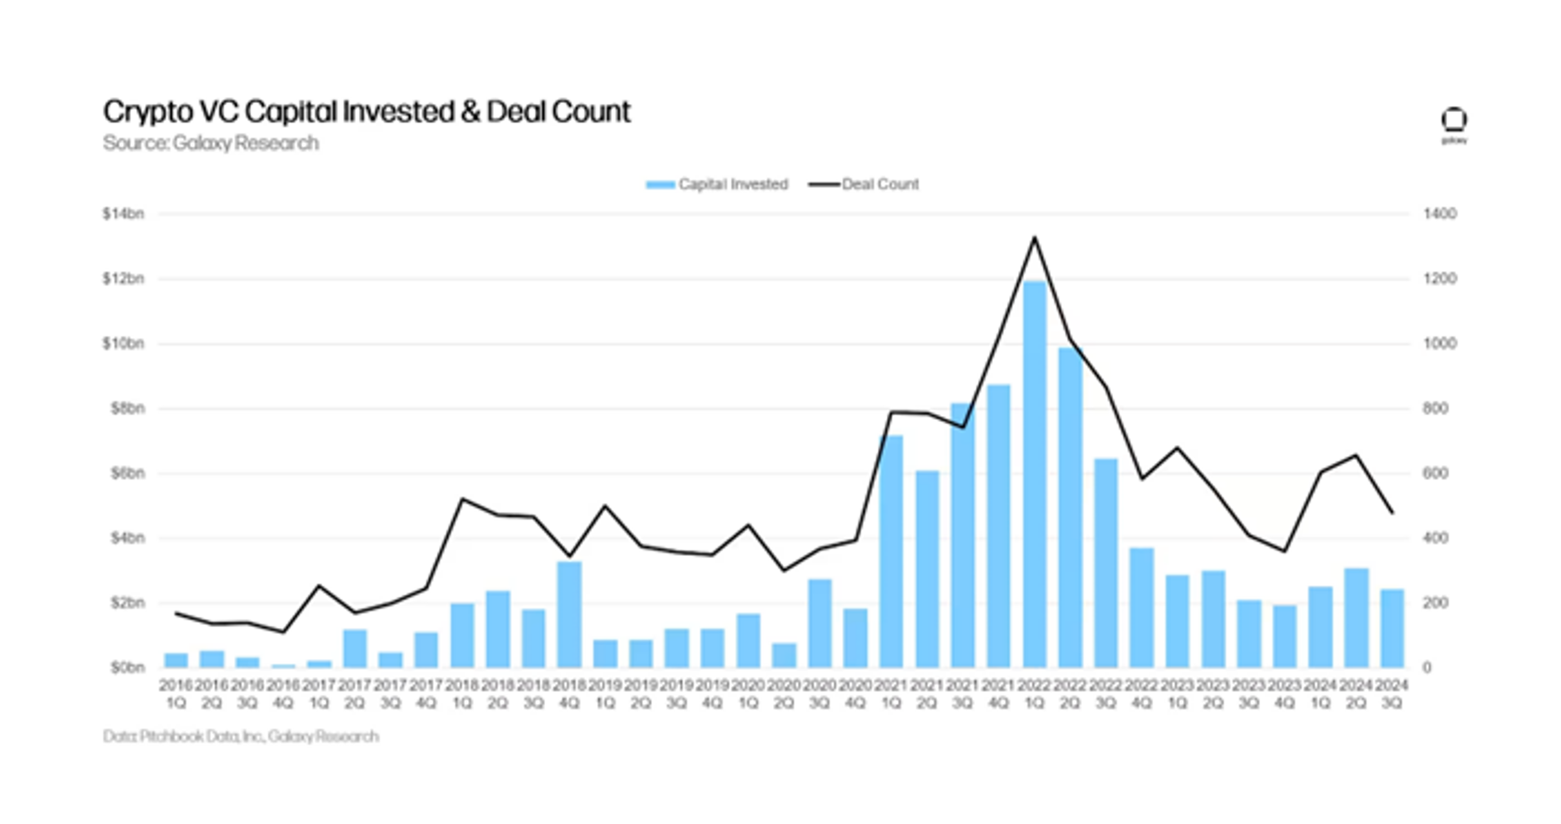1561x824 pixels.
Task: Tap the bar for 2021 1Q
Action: coord(891,551)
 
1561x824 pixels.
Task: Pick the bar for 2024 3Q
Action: coord(1392,628)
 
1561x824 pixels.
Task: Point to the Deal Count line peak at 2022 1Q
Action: coord(1034,237)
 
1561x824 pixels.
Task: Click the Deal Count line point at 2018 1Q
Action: coord(462,499)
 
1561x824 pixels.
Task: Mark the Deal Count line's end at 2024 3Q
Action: coord(1393,513)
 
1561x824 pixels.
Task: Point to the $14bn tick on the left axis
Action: coord(123,214)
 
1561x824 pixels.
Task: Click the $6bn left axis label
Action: coord(127,473)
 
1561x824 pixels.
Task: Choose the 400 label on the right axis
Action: coord(1435,538)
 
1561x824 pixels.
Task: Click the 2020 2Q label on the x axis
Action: coord(784,694)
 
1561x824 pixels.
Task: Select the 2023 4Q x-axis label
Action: coord(1284,694)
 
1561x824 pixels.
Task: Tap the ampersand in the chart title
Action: coord(470,112)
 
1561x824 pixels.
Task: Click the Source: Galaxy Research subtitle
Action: coord(211,143)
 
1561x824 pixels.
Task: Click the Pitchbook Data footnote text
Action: coord(241,736)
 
